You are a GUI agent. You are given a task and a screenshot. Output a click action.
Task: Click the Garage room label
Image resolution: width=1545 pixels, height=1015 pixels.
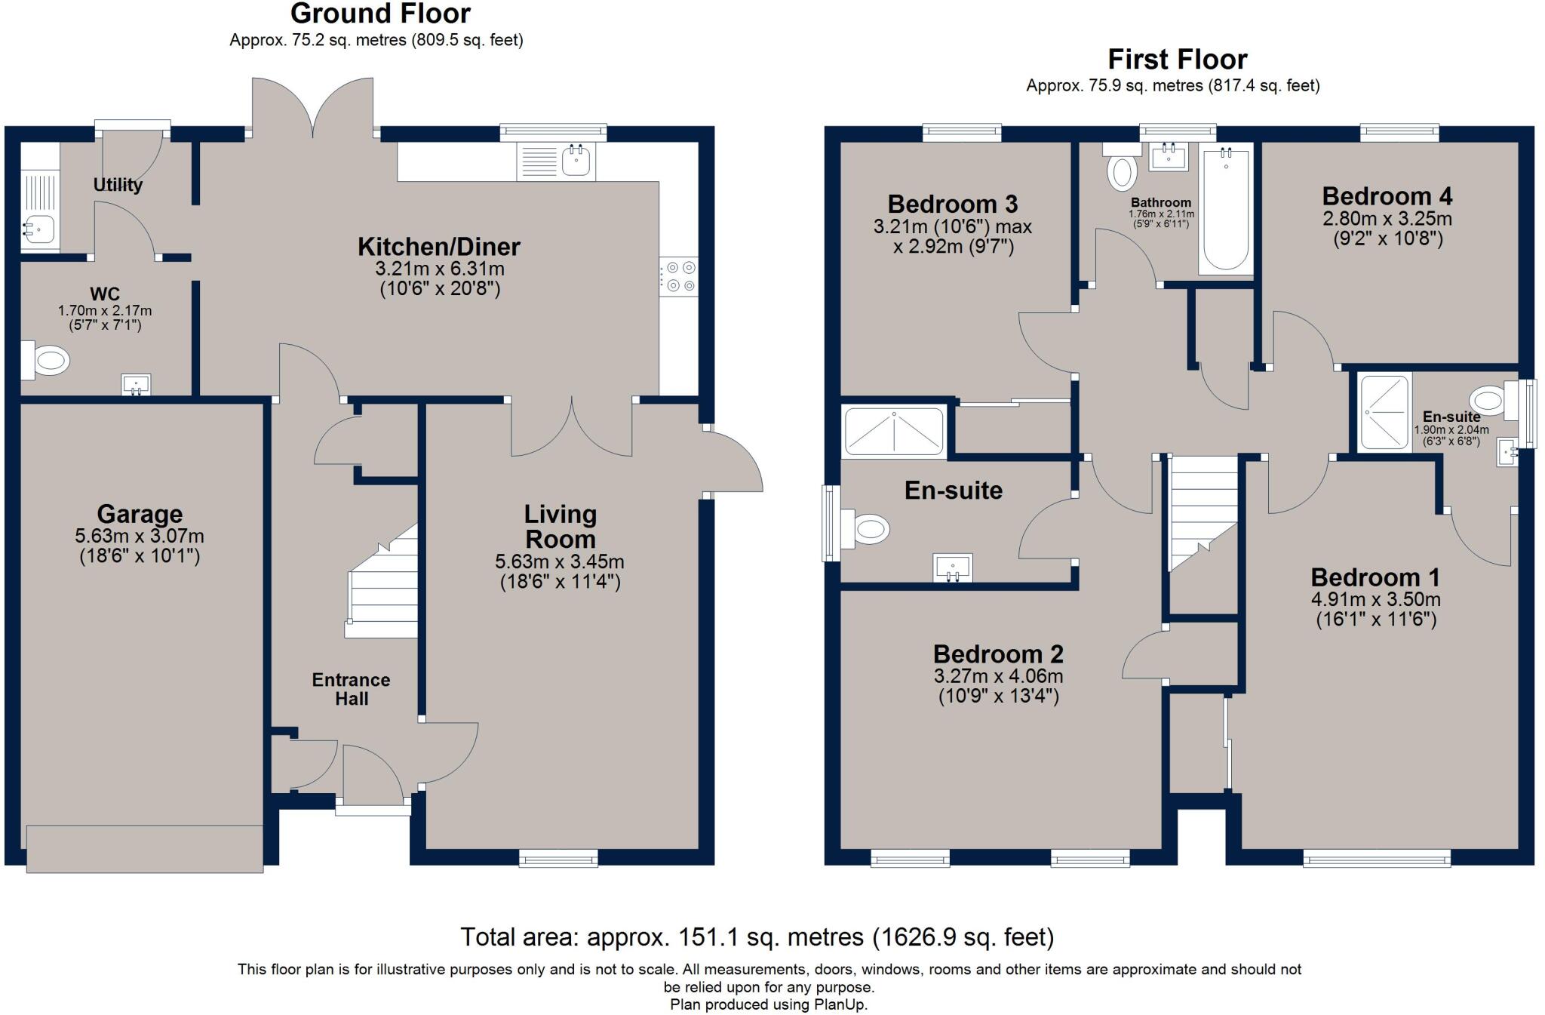140,514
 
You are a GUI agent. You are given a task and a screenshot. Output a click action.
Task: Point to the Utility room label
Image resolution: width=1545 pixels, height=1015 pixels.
118,185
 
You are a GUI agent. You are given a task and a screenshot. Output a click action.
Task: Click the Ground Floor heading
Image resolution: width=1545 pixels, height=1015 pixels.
380,14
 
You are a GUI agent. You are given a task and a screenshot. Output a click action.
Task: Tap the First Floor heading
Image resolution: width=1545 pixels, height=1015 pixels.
1177,59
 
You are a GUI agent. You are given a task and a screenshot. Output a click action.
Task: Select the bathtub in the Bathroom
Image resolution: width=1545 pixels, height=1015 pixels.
1226,208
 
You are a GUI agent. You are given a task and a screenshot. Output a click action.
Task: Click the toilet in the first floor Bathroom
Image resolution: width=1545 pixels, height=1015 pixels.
1120,168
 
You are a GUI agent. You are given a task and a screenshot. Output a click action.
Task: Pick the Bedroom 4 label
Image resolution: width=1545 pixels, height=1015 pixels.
1387,196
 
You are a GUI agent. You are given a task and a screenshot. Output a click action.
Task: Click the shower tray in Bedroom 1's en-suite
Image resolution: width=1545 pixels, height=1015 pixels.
1384,413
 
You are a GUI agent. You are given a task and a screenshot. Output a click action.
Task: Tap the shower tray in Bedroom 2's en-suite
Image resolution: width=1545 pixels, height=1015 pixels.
894,432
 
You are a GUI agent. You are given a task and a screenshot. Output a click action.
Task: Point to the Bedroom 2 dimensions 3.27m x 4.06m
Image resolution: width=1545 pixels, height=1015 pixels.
998,676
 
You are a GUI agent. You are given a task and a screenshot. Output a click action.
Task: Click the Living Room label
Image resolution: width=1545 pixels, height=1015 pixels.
561,527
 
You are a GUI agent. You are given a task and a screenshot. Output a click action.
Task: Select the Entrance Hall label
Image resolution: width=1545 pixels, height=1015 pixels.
352,689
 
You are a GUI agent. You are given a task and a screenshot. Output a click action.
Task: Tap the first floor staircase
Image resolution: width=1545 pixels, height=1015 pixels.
1203,513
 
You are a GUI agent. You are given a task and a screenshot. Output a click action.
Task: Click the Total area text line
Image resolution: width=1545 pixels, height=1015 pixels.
757,937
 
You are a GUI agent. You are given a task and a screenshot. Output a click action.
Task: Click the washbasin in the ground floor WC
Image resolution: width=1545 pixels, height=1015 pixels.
136,386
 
